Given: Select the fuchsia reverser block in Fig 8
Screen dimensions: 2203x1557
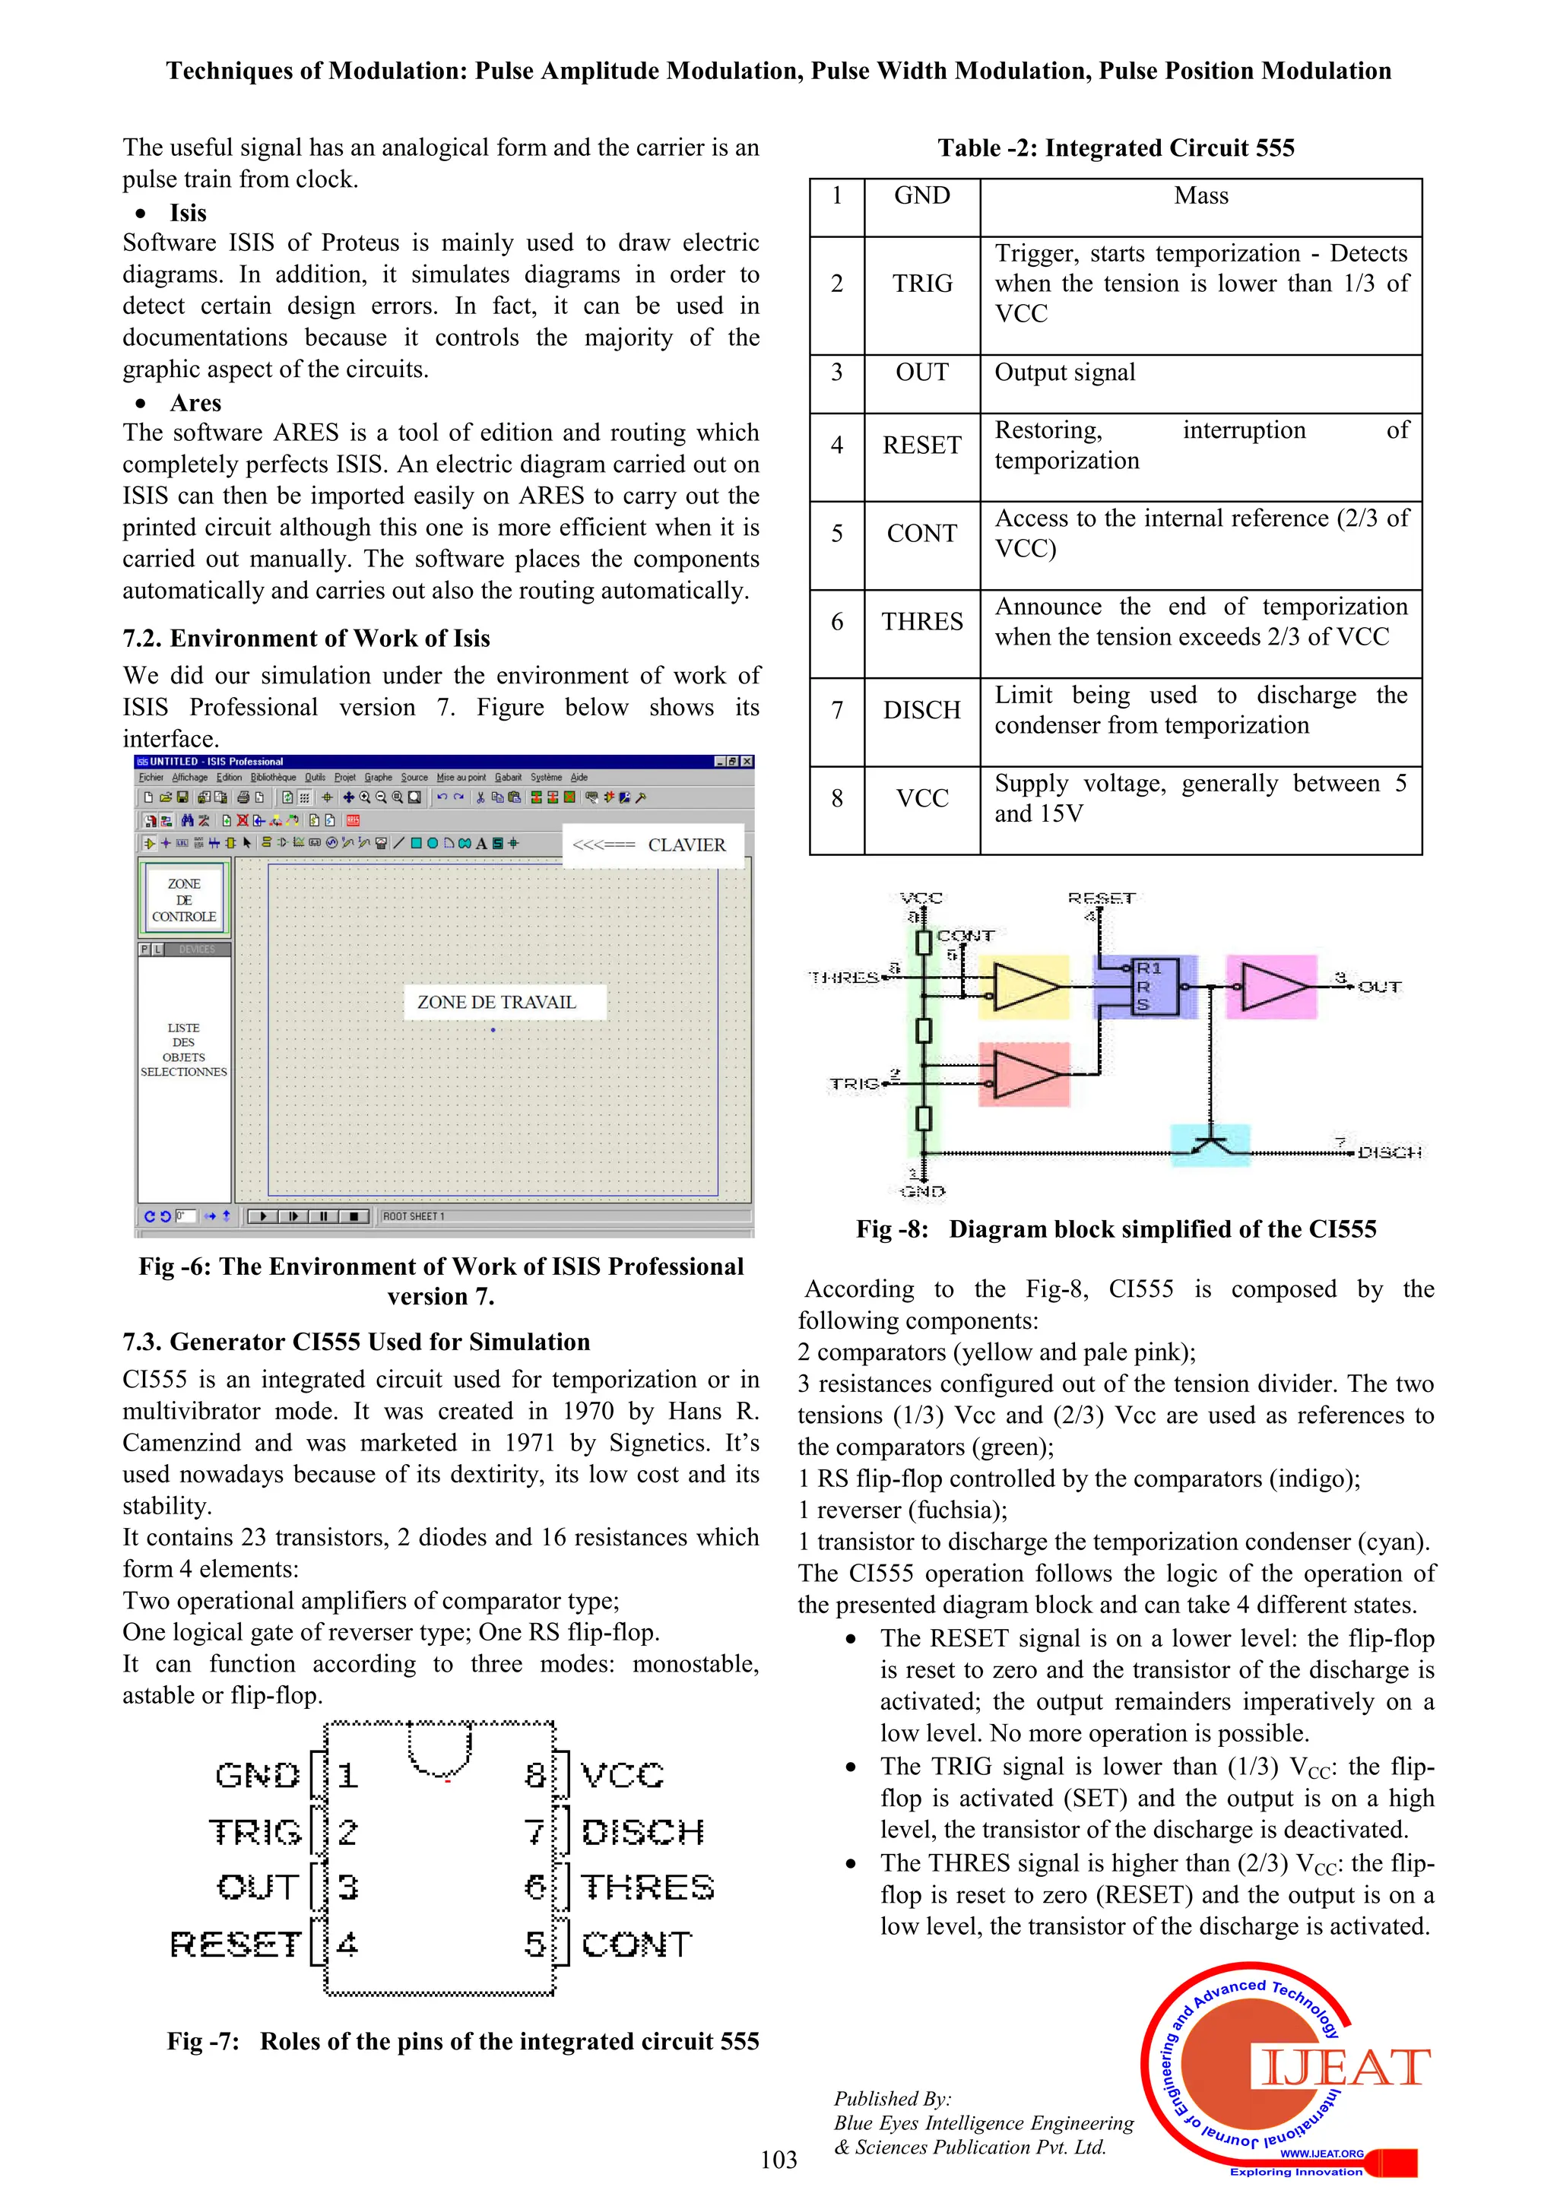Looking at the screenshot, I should point(1272,987).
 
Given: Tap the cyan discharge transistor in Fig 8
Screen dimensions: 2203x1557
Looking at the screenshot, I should point(1210,1145).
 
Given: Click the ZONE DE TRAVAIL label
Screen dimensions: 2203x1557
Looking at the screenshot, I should point(496,1002).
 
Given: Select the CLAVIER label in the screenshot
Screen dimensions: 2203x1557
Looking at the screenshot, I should point(686,845).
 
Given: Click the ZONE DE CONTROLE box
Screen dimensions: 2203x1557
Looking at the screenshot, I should point(184,900).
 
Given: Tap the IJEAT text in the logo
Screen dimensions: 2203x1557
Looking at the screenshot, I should point(1343,2068).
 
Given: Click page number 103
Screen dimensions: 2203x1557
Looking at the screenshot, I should point(778,2160).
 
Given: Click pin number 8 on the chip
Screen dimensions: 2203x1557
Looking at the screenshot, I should point(534,1775).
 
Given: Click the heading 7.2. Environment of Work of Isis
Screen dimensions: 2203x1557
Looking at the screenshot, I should point(306,638).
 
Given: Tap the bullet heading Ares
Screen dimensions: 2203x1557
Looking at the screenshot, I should point(195,403).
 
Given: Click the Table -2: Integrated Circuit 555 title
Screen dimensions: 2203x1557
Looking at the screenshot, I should point(1116,147).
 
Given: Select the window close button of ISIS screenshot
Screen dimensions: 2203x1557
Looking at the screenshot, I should point(747,761).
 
